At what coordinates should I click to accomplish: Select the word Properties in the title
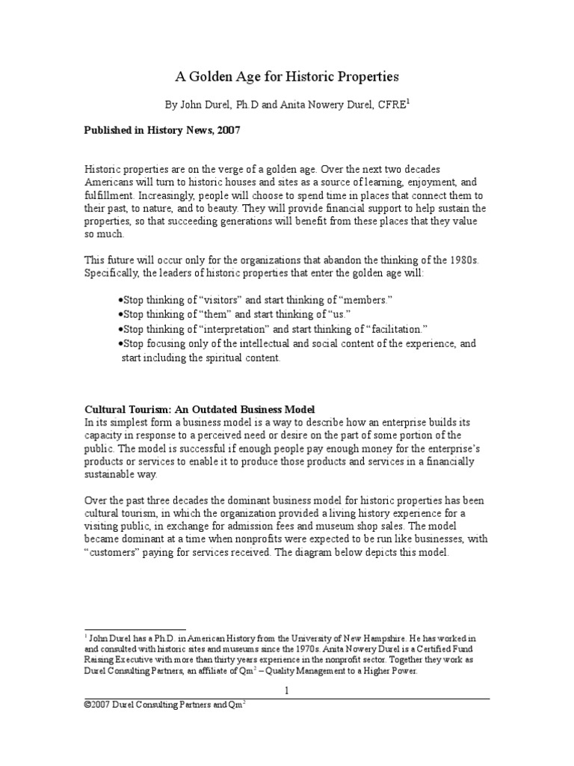point(363,76)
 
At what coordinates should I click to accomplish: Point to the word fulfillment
point(111,195)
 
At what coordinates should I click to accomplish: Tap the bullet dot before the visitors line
point(120,299)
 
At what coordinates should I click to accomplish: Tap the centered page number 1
point(286,690)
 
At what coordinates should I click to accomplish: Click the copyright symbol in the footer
point(87,705)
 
